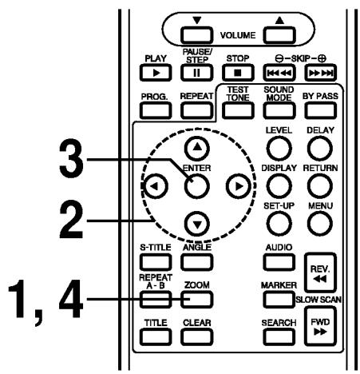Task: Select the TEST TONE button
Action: pyautogui.click(x=231, y=123)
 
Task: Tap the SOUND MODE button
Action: pyautogui.click(x=271, y=123)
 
